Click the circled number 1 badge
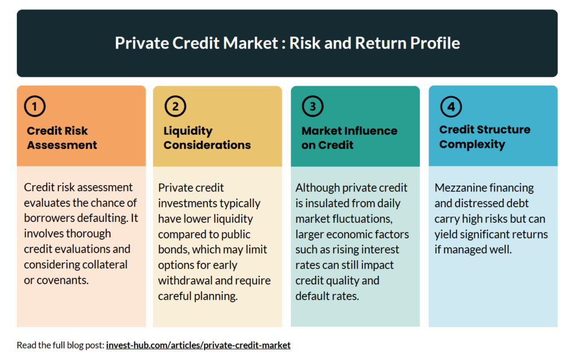[34, 106]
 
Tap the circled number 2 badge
[175, 106]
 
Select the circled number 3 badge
[313, 106]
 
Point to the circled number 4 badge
[450, 106]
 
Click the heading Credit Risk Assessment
[62, 138]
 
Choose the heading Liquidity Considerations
[207, 138]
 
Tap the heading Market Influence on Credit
[349, 138]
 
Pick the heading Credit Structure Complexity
[485, 137]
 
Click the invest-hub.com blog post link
[198, 345]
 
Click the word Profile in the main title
[434, 43]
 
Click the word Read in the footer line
[26, 345]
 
